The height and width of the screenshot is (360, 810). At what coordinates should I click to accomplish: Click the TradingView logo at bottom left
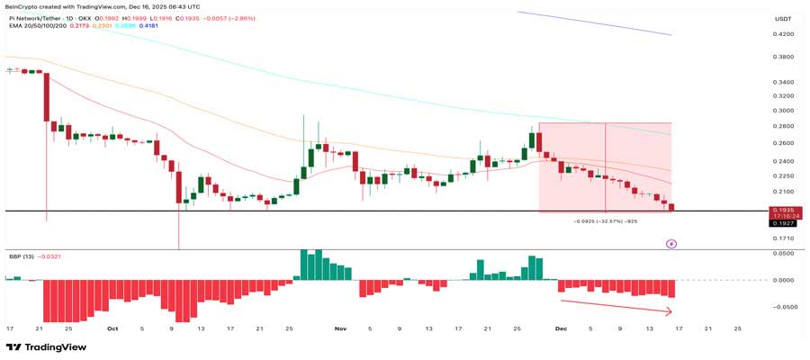click(x=40, y=347)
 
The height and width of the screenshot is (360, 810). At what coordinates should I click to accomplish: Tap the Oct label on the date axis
click(x=112, y=328)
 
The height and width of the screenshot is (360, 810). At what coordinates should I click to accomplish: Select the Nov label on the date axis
click(x=340, y=328)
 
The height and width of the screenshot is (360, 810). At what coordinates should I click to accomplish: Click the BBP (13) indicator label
click(x=22, y=256)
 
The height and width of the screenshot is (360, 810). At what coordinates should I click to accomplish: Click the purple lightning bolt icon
click(x=670, y=243)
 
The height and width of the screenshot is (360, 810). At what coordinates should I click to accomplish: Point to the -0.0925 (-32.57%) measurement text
click(x=606, y=220)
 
